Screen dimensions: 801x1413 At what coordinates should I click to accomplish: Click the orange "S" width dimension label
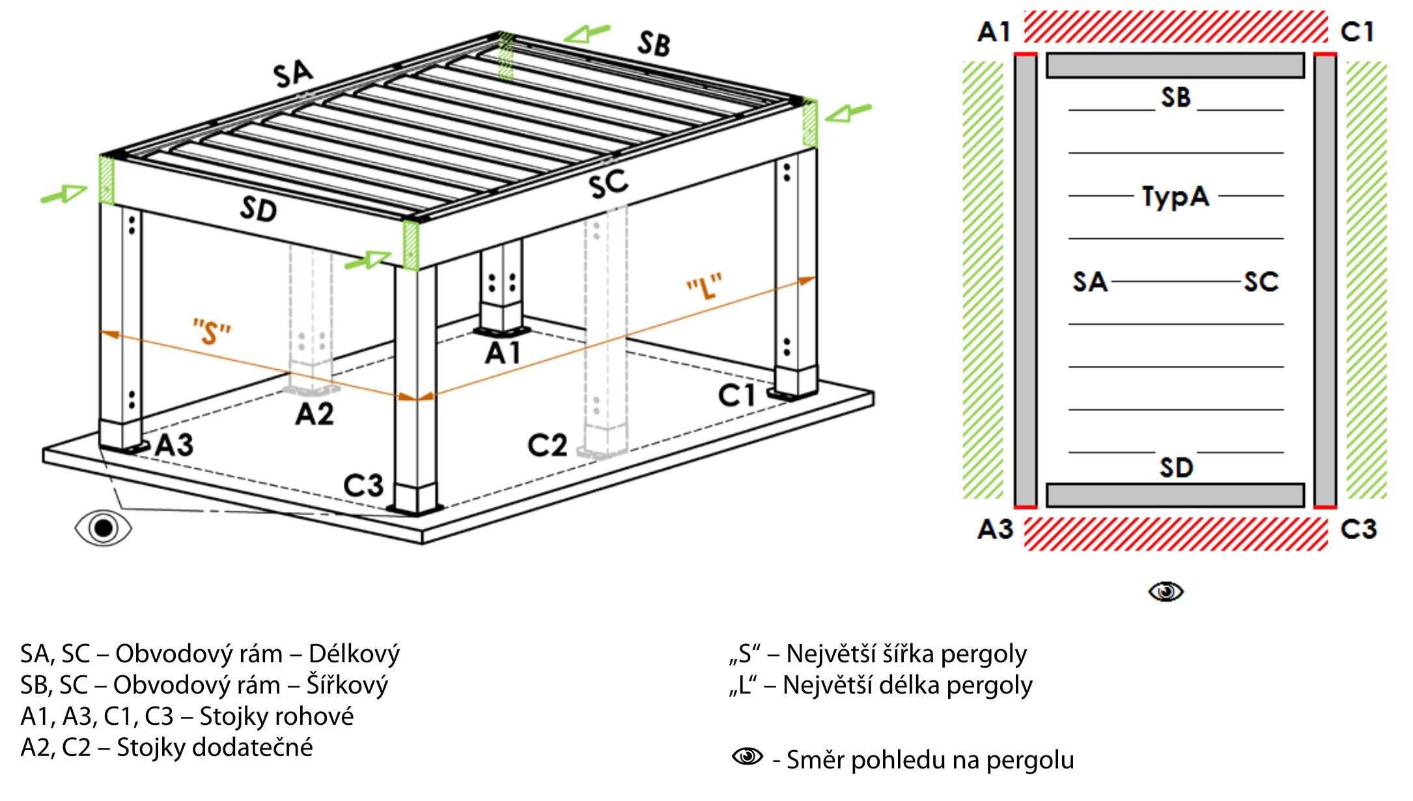(212, 331)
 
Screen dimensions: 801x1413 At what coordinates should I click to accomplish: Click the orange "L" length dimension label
(705, 287)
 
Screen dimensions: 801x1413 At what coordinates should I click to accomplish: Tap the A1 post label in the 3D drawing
(503, 353)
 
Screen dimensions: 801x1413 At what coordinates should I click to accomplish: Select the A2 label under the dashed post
(315, 414)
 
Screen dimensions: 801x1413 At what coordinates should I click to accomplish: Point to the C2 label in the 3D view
(547, 445)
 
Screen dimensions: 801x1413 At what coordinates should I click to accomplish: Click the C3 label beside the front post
(363, 486)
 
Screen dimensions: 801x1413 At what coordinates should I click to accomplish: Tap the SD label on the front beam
(259, 210)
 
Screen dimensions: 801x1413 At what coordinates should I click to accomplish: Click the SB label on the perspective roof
(654, 44)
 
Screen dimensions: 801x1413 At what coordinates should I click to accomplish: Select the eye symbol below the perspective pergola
(103, 527)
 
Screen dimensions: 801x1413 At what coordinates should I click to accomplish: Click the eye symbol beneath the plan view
(1166, 591)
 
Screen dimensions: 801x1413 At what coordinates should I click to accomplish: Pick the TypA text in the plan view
(1175, 196)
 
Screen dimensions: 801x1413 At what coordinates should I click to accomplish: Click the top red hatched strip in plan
(1175, 27)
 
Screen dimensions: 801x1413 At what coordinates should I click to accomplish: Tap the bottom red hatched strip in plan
(1175, 534)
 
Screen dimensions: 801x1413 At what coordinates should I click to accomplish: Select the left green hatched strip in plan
(983, 280)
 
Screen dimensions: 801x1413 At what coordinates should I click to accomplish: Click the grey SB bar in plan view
(1175, 66)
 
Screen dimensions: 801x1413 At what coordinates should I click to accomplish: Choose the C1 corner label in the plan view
(1357, 31)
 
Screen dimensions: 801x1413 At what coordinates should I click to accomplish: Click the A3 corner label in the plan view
(995, 529)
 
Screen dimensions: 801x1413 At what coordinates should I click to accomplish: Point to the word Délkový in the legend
(354, 654)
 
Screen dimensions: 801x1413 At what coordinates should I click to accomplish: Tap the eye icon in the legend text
(747, 756)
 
